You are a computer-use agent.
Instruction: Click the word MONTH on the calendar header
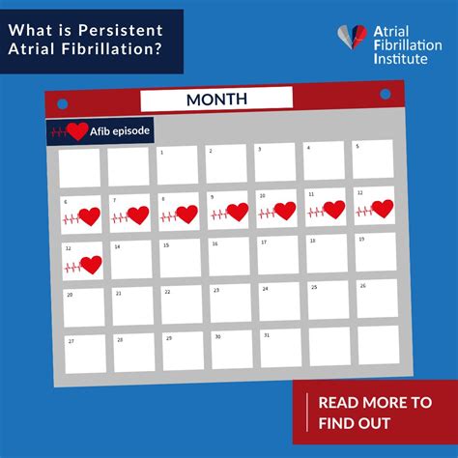216,99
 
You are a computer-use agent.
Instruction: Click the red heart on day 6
89,216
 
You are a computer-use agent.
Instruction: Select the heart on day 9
237,212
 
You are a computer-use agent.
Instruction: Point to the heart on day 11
333,209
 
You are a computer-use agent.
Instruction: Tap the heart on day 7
137,215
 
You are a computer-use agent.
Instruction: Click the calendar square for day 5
373,159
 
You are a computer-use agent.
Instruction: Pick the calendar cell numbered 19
375,251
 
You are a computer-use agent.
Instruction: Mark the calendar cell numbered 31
280,348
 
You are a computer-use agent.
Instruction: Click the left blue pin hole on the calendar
63,102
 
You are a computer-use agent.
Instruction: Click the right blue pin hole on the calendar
385,94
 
